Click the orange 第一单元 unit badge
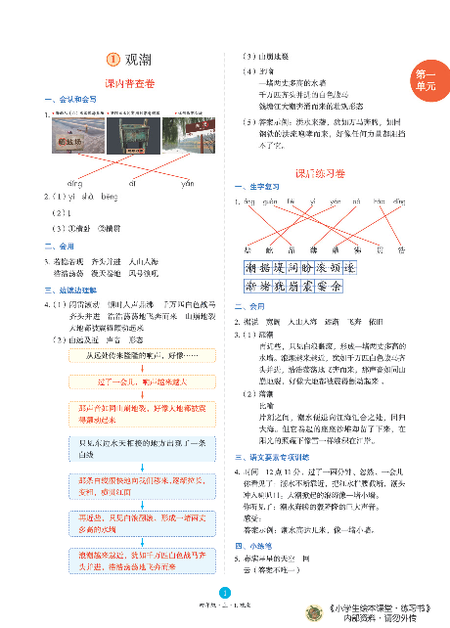pyautogui.click(x=426, y=79)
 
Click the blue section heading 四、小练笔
pyautogui.click(x=252, y=544)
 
